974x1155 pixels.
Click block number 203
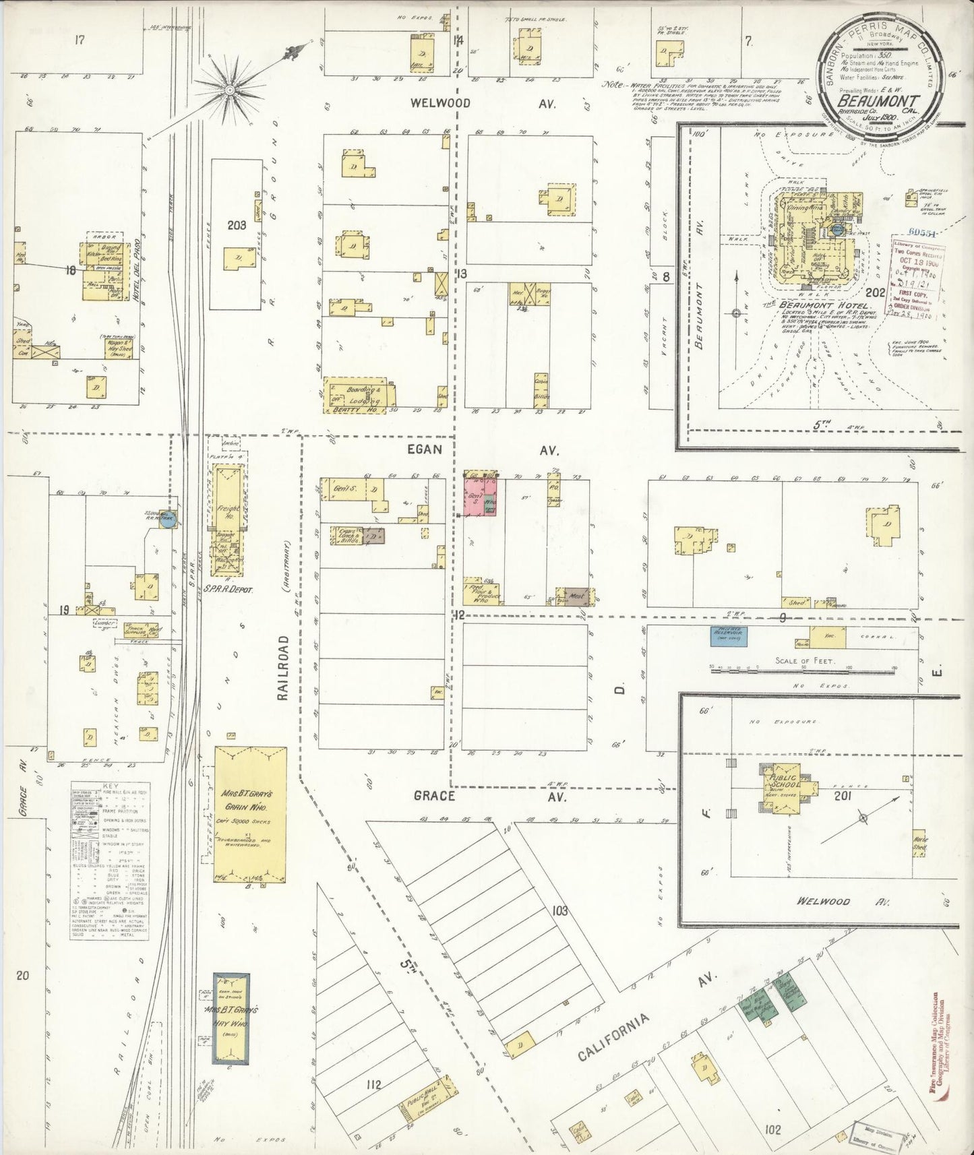coord(237,225)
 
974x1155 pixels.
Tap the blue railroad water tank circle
coord(164,520)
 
